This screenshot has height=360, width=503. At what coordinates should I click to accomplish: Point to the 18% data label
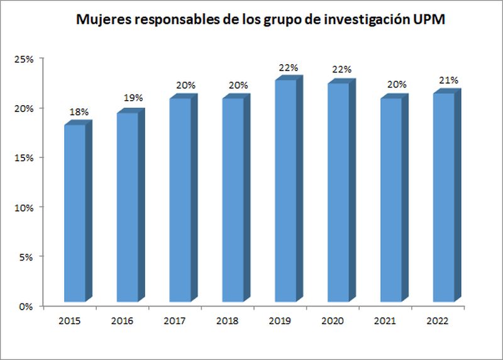(79, 111)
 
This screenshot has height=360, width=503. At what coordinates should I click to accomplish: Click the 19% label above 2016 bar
(133, 98)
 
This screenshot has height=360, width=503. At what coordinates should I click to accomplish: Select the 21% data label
(448, 80)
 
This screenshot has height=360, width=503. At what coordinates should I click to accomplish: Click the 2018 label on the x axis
(227, 321)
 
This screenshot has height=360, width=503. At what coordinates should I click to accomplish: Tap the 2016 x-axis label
(122, 321)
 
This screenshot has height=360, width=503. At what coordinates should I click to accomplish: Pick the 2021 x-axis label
(385, 321)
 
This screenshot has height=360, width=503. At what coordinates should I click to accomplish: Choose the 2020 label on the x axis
(332, 321)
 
